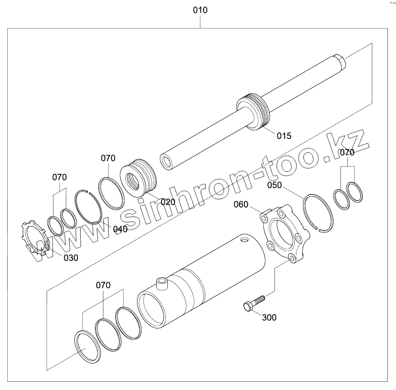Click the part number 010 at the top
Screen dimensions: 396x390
(200, 10)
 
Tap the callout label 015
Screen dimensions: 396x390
(284, 136)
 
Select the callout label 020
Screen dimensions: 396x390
(168, 202)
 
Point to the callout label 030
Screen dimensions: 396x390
(71, 258)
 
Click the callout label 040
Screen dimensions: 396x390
(120, 229)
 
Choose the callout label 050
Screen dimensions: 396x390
(274, 185)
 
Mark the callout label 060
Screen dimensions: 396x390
(241, 204)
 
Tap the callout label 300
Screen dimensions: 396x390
(269, 318)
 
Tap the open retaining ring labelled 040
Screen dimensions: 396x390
(89, 207)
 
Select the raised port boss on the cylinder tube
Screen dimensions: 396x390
(162, 283)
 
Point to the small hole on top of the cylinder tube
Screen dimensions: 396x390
(245, 239)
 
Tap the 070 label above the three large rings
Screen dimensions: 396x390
(103, 285)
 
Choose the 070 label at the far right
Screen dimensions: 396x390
(347, 152)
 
